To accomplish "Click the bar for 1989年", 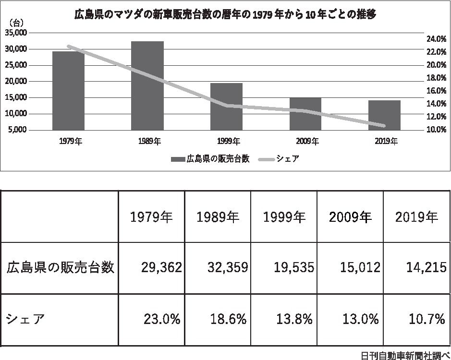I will tap(147, 85).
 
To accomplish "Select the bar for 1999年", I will tap(226, 107).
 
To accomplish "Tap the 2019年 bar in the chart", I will tap(384, 115).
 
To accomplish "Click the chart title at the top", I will tap(225, 15).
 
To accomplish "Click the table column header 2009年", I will tap(351, 217).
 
